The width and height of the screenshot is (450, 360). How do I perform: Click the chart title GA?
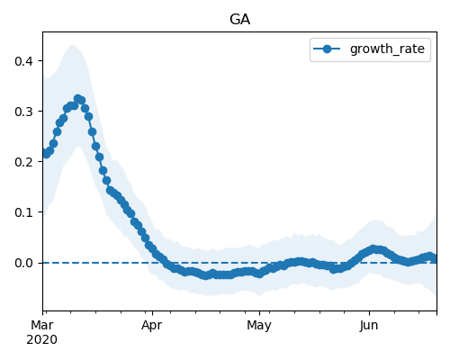239,20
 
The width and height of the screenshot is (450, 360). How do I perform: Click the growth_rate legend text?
387,49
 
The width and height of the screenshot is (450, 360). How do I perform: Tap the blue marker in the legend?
327,49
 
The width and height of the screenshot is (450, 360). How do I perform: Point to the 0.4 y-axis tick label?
23,61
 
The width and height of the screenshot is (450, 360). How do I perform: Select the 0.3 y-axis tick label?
23,112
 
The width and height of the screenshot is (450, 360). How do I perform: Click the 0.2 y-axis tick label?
23,162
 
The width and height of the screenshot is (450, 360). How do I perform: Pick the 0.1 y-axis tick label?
23,212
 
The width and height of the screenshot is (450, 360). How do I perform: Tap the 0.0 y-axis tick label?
23,263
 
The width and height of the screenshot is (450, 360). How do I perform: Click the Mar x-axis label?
42,325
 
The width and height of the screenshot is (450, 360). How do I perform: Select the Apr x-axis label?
152,325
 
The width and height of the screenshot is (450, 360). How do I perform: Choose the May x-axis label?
259,325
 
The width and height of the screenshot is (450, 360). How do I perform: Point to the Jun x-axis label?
369,325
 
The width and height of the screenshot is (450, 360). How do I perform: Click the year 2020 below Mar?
41,340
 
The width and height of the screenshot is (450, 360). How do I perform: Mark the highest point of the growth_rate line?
78,98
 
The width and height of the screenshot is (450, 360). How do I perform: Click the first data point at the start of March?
43,153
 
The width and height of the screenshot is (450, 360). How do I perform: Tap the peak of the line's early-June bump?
373,249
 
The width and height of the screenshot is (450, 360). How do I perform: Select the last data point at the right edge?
435,258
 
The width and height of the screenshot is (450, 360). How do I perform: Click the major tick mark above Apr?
152,313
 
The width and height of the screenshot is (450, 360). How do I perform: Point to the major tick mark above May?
259,313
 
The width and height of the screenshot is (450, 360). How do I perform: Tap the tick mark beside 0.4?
40,61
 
